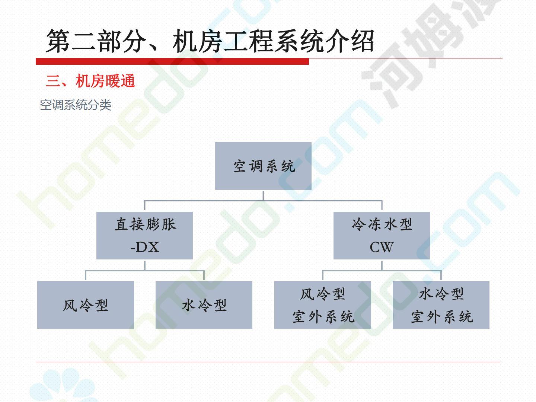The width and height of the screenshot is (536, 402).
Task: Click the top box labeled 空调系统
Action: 263,166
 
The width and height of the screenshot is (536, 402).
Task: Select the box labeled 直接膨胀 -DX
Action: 144,235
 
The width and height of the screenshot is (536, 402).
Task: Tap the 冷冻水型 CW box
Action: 382,235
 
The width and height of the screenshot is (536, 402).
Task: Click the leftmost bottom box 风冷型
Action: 86,305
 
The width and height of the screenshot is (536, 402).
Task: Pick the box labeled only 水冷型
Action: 204,305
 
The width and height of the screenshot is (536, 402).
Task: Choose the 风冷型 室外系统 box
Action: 323,305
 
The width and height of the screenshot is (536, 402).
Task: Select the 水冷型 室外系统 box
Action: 441,305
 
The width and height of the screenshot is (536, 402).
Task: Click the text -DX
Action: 145,247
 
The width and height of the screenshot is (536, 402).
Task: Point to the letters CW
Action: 382,247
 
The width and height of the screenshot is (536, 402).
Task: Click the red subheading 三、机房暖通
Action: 90,81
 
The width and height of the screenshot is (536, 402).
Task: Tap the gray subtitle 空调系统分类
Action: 76,105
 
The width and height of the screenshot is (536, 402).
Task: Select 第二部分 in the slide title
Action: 95,41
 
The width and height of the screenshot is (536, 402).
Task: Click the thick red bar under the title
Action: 172,61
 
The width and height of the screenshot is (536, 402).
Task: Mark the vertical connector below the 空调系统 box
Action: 263,195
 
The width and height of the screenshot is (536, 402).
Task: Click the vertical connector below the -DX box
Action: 145,265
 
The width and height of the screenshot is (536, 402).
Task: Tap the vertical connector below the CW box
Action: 382,265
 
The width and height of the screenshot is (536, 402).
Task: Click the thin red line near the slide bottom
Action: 268,361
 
